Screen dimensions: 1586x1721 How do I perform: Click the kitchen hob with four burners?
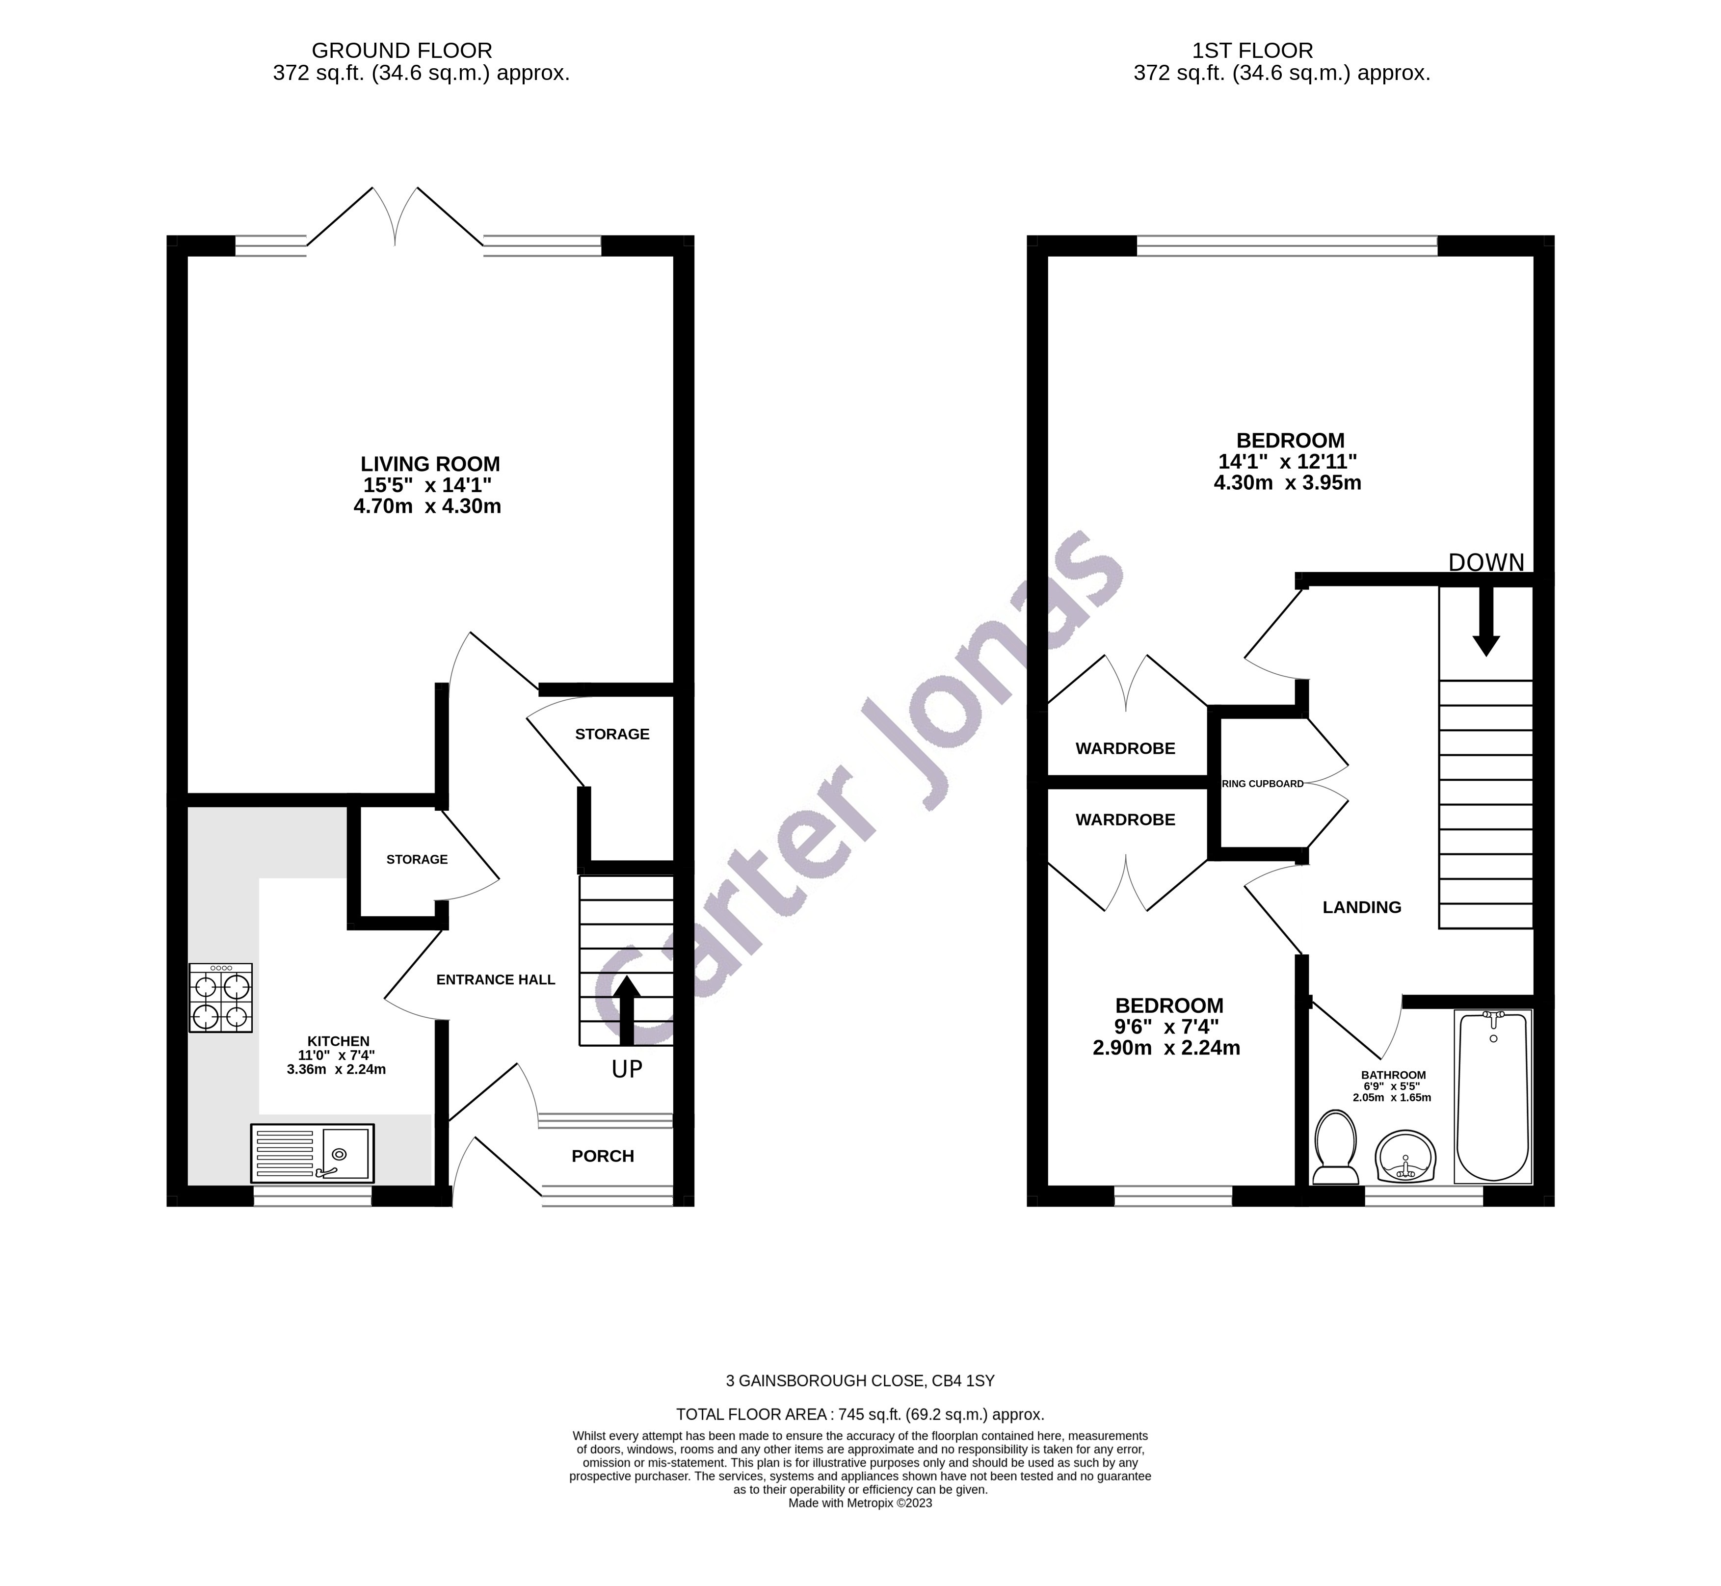pyautogui.click(x=221, y=997)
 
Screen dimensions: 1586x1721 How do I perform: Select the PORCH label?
pyautogui.click(x=603, y=1156)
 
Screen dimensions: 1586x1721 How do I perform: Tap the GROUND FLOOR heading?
pyautogui.click(x=402, y=51)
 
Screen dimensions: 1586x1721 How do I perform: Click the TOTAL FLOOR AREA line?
pyautogui.click(x=860, y=1414)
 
